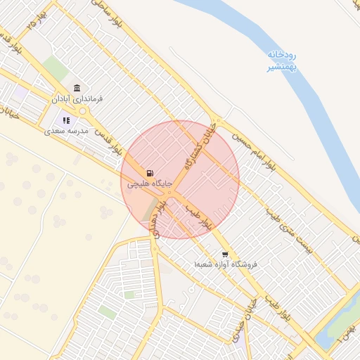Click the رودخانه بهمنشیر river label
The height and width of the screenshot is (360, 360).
click(281, 60)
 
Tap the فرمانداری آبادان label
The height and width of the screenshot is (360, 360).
click(77, 99)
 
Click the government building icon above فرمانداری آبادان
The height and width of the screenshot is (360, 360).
click(77, 88)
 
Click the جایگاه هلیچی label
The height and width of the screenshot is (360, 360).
click(148, 184)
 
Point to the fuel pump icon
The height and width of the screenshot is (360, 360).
click(149, 173)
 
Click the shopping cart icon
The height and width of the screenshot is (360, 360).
click(225, 254)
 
